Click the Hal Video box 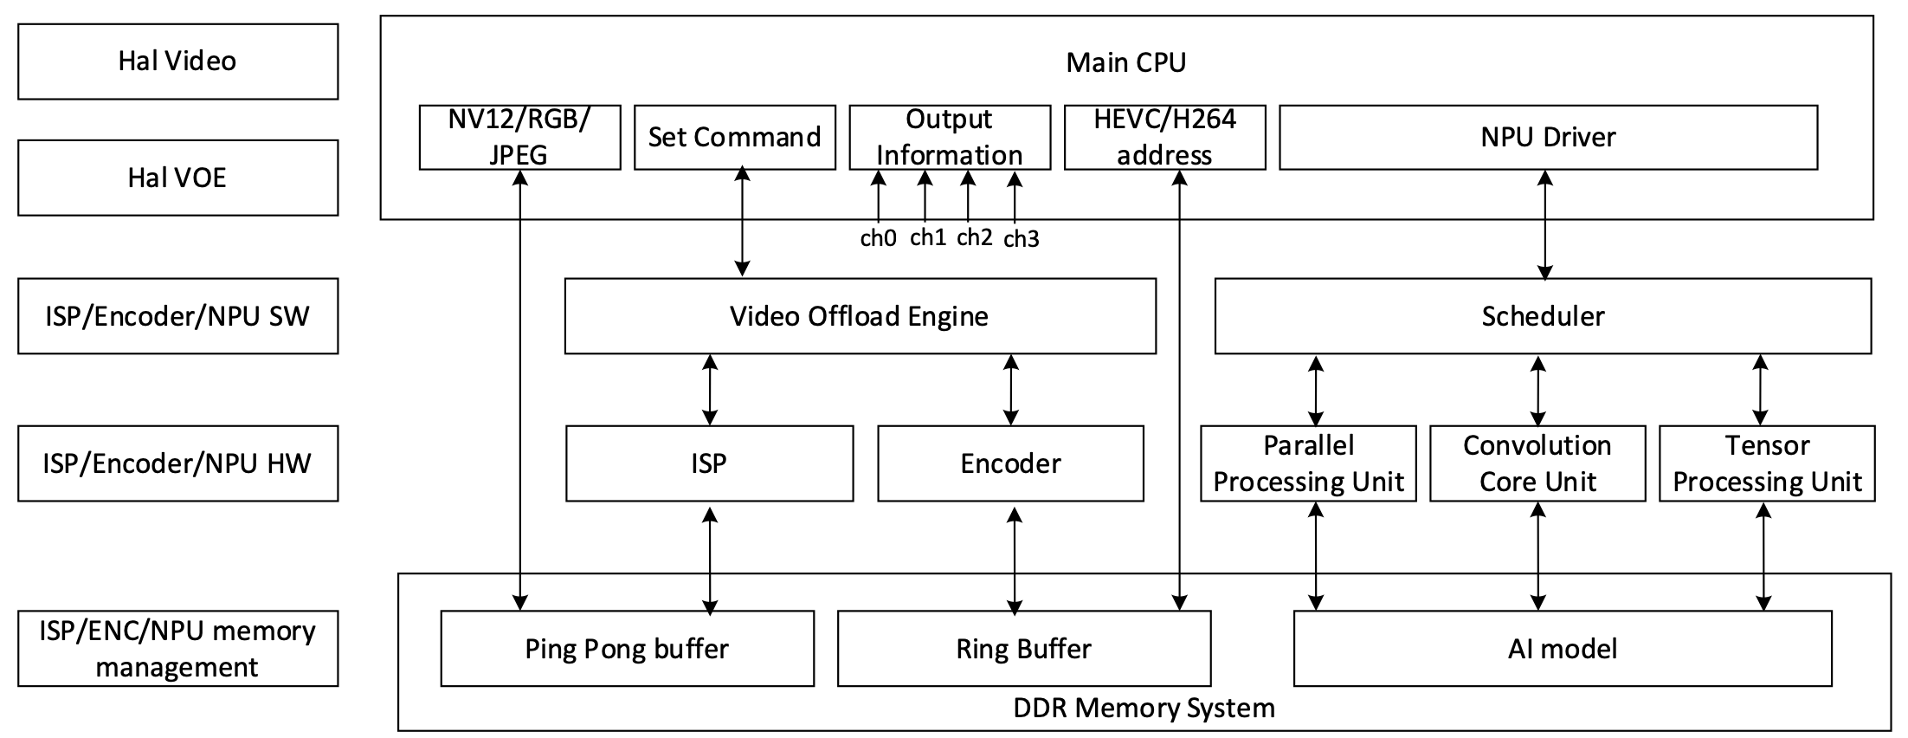177,61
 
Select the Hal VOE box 177,178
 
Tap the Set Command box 734,137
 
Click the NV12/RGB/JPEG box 519,137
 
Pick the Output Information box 950,137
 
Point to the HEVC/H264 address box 1164,137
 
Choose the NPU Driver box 1548,137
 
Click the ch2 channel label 974,237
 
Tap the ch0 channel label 878,238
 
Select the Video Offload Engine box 860,316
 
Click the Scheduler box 1543,316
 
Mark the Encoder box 1010,463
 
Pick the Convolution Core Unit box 1537,463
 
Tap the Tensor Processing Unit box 1767,463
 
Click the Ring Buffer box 1024,649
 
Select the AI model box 1563,649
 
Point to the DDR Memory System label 1144,709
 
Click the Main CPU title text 1125,62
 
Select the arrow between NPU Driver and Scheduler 1545,224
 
